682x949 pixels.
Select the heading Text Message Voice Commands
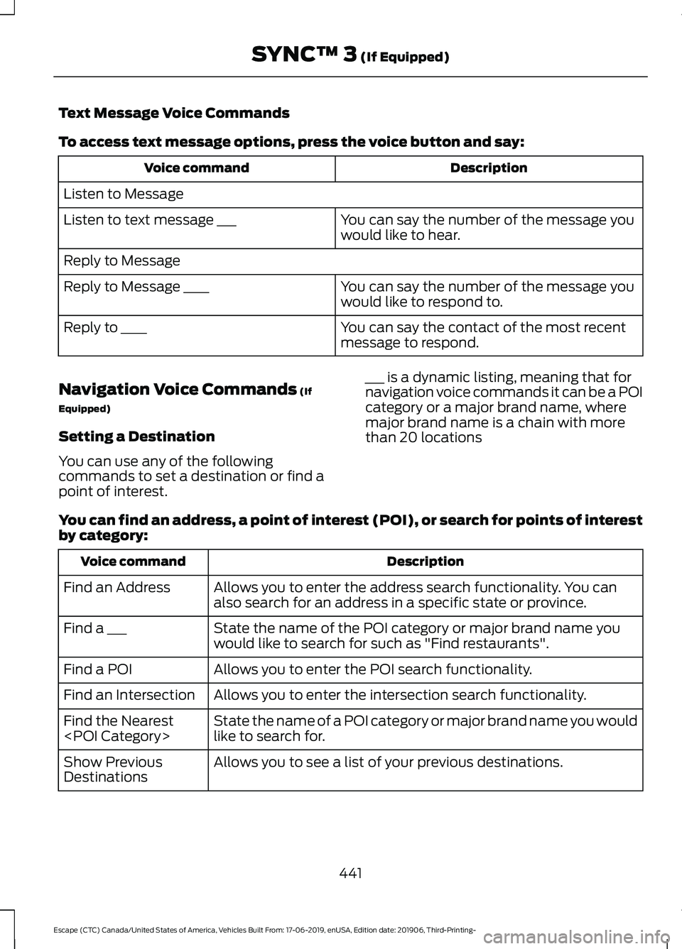[174, 113]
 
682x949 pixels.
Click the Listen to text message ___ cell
[150, 220]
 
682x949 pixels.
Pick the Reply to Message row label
[122, 260]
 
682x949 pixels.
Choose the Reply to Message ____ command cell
[136, 287]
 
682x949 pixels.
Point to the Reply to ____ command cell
[105, 327]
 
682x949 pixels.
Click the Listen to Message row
[124, 194]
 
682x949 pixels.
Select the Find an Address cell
[117, 588]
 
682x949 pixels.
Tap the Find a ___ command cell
[95, 628]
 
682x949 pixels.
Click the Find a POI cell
[98, 669]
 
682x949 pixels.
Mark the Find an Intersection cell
[129, 695]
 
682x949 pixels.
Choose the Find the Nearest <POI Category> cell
[119, 728]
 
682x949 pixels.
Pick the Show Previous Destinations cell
[113, 769]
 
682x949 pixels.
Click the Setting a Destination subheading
[136, 437]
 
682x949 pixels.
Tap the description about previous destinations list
[388, 762]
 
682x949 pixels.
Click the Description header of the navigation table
[425, 561]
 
